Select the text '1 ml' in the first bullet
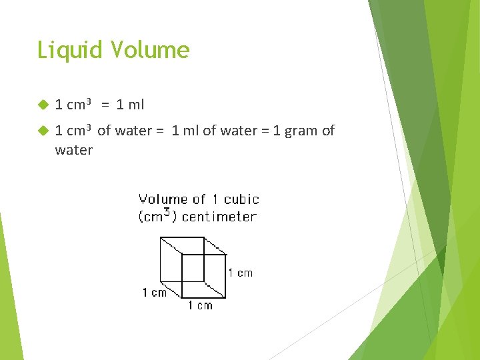point(129,105)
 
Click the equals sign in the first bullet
point(105,105)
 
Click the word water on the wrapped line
point(73,150)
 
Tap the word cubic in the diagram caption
point(241,199)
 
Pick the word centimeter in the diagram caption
point(219,216)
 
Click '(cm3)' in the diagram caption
point(158,216)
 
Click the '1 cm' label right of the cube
point(240,273)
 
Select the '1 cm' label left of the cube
point(154,293)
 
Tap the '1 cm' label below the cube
point(199,305)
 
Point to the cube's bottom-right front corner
point(226,297)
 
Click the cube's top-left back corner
point(161,237)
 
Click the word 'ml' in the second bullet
point(192,131)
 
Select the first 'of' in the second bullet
point(104,131)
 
